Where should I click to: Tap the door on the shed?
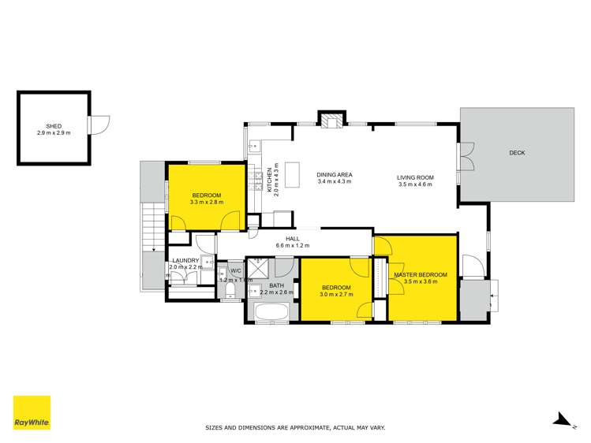100,125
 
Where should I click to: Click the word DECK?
517,153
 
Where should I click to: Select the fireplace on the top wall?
331,119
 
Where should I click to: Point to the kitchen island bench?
294,173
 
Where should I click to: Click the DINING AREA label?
334,175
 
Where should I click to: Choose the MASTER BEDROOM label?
420,274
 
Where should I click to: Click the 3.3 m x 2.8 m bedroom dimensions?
206,202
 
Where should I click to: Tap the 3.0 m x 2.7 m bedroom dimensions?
336,295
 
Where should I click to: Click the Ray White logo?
32,412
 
